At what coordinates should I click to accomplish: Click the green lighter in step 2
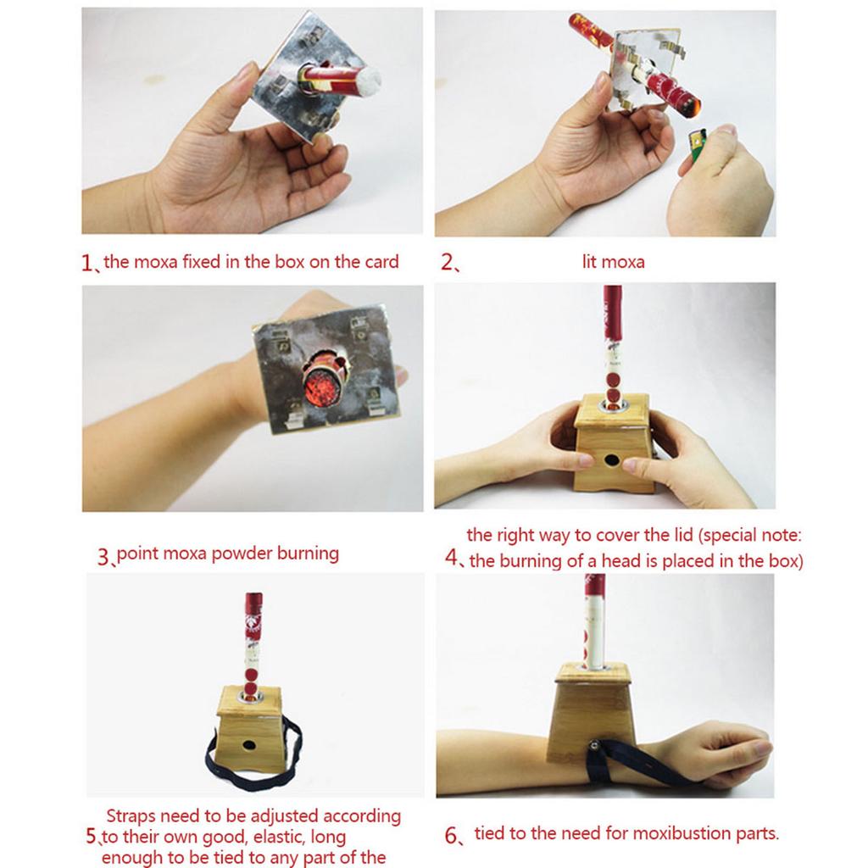(x=694, y=147)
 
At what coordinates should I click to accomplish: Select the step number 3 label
(x=103, y=557)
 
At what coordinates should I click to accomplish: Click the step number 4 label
(x=452, y=559)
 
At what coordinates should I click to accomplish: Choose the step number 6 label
(x=452, y=835)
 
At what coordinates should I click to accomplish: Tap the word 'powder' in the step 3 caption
(x=239, y=554)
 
